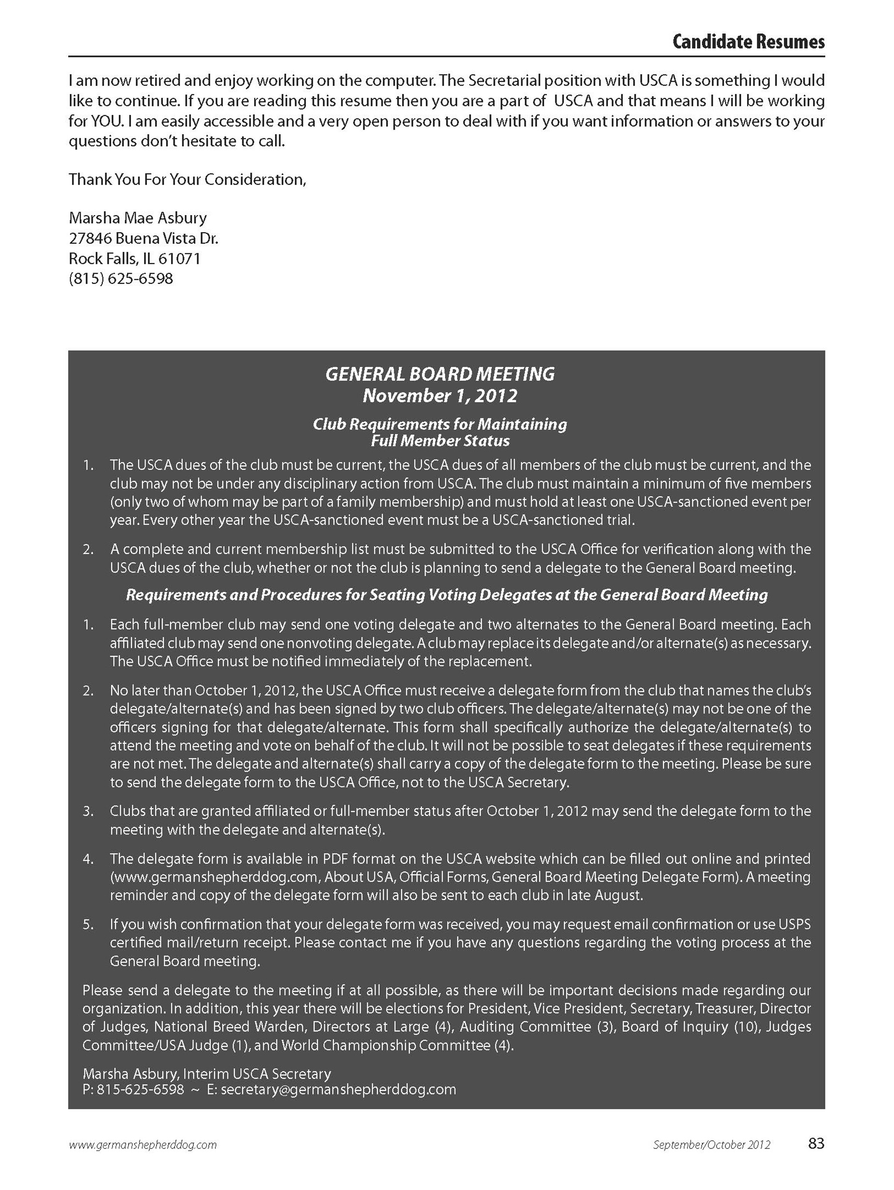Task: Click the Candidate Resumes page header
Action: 748,42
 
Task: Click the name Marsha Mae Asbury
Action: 138,218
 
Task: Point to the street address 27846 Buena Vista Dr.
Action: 144,238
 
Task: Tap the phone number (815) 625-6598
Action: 121,279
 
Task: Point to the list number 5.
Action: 88,925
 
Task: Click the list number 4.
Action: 88,859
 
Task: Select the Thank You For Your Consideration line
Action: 187,179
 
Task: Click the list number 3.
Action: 88,811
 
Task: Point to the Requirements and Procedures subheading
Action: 447,595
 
